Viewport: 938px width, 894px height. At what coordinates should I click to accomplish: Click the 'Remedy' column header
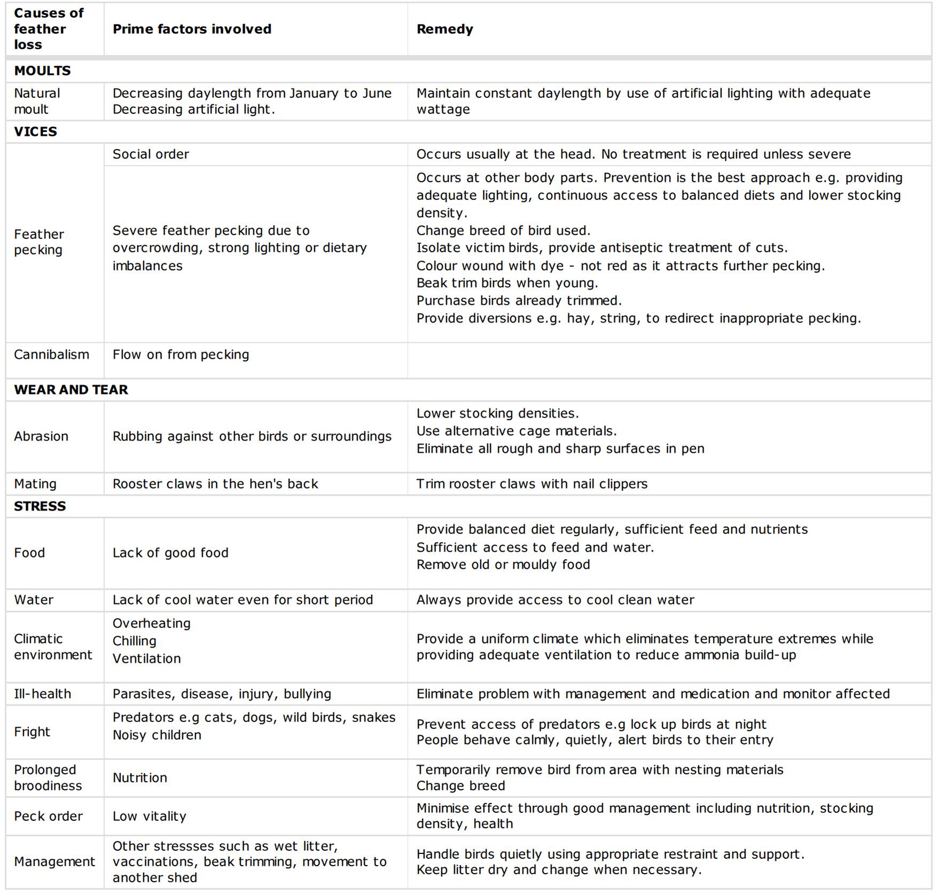point(444,29)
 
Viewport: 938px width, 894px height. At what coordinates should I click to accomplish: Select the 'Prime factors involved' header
point(192,29)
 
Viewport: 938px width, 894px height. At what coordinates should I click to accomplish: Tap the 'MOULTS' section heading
point(42,70)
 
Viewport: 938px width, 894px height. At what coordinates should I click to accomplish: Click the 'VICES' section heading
point(35,131)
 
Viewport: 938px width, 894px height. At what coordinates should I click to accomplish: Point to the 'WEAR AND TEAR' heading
point(71,389)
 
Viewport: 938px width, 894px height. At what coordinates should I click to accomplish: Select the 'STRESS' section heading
point(40,506)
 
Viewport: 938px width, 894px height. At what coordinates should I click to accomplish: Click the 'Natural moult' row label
point(37,101)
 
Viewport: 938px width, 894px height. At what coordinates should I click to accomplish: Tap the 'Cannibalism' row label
point(51,355)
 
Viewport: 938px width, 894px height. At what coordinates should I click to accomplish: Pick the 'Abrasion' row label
point(41,436)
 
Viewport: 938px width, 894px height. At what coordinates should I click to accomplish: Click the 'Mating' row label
point(35,484)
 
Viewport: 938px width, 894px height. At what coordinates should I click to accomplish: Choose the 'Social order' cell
point(151,154)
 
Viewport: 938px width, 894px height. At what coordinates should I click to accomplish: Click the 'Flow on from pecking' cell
point(181,355)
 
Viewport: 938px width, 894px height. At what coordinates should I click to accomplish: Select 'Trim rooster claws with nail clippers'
point(531,484)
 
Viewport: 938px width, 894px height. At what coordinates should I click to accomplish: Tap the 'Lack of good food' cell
point(170,553)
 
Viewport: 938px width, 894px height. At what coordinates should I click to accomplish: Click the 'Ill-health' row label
point(42,694)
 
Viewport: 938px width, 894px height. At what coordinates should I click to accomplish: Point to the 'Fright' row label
point(32,732)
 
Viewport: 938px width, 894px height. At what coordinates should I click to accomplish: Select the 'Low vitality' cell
point(150,816)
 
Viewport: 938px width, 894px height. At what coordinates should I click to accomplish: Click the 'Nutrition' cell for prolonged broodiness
point(140,778)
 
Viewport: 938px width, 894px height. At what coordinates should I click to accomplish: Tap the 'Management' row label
point(54,861)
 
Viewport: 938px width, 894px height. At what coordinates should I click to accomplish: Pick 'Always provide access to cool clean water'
point(555,600)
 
